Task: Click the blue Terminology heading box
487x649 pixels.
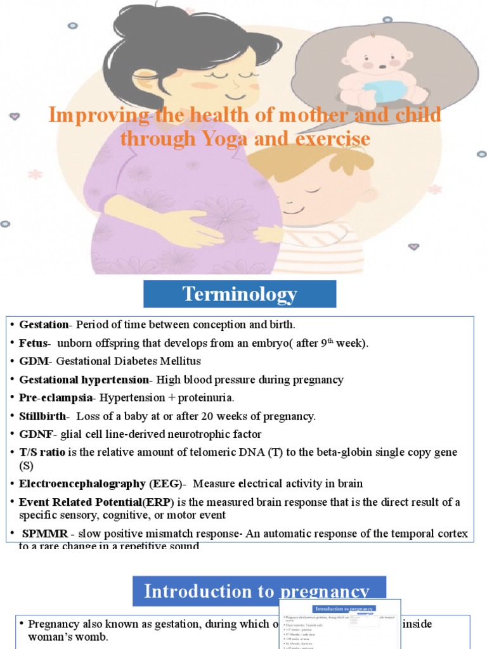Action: [240, 294]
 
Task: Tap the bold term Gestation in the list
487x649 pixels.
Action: [43, 324]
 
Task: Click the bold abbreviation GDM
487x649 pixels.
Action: [34, 361]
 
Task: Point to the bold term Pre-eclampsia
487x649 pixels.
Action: [55, 398]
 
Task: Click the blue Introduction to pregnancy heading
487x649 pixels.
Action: [257, 591]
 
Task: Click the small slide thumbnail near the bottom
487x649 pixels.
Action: [340, 624]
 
